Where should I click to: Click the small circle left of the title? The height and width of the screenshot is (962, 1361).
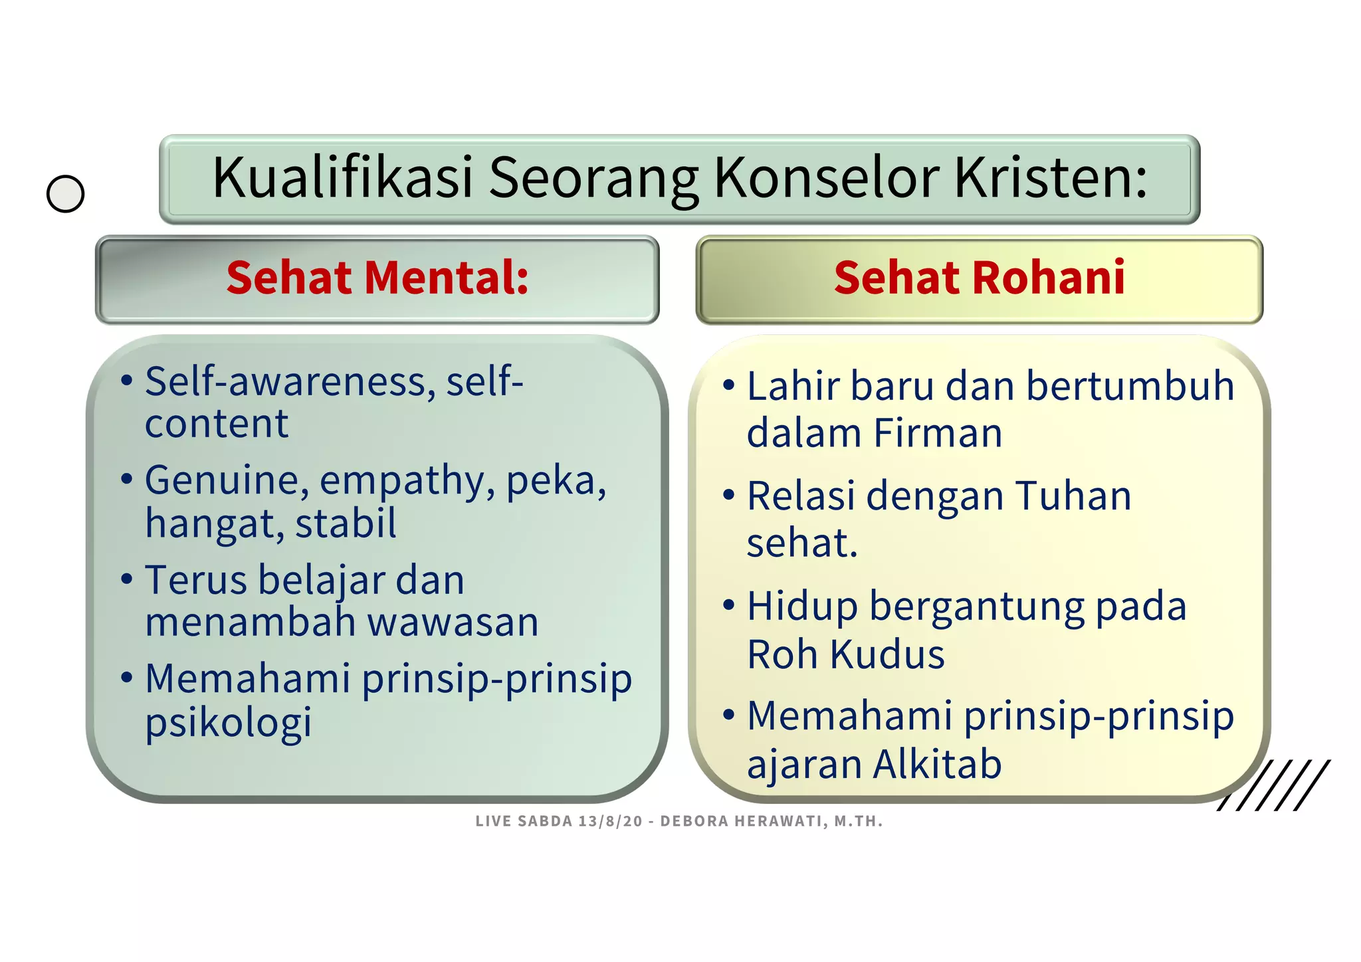point(66,194)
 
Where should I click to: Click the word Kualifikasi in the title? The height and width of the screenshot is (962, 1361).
point(342,178)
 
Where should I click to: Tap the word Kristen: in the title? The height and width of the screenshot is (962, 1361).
point(1051,178)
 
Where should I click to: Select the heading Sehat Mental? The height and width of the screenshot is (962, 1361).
point(377,278)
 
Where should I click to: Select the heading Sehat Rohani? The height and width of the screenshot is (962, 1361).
point(979,278)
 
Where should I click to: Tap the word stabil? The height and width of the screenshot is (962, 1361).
point(346,524)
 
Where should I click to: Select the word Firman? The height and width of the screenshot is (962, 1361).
point(938,434)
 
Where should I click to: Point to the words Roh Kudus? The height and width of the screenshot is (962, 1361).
point(845,654)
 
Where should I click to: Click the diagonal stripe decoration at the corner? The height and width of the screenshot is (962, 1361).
point(1273,785)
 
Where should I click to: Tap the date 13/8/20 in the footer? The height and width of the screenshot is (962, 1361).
point(610,821)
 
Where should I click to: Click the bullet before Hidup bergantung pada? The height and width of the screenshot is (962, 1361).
point(729,605)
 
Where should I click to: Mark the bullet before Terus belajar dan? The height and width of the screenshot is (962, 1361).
point(127,578)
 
